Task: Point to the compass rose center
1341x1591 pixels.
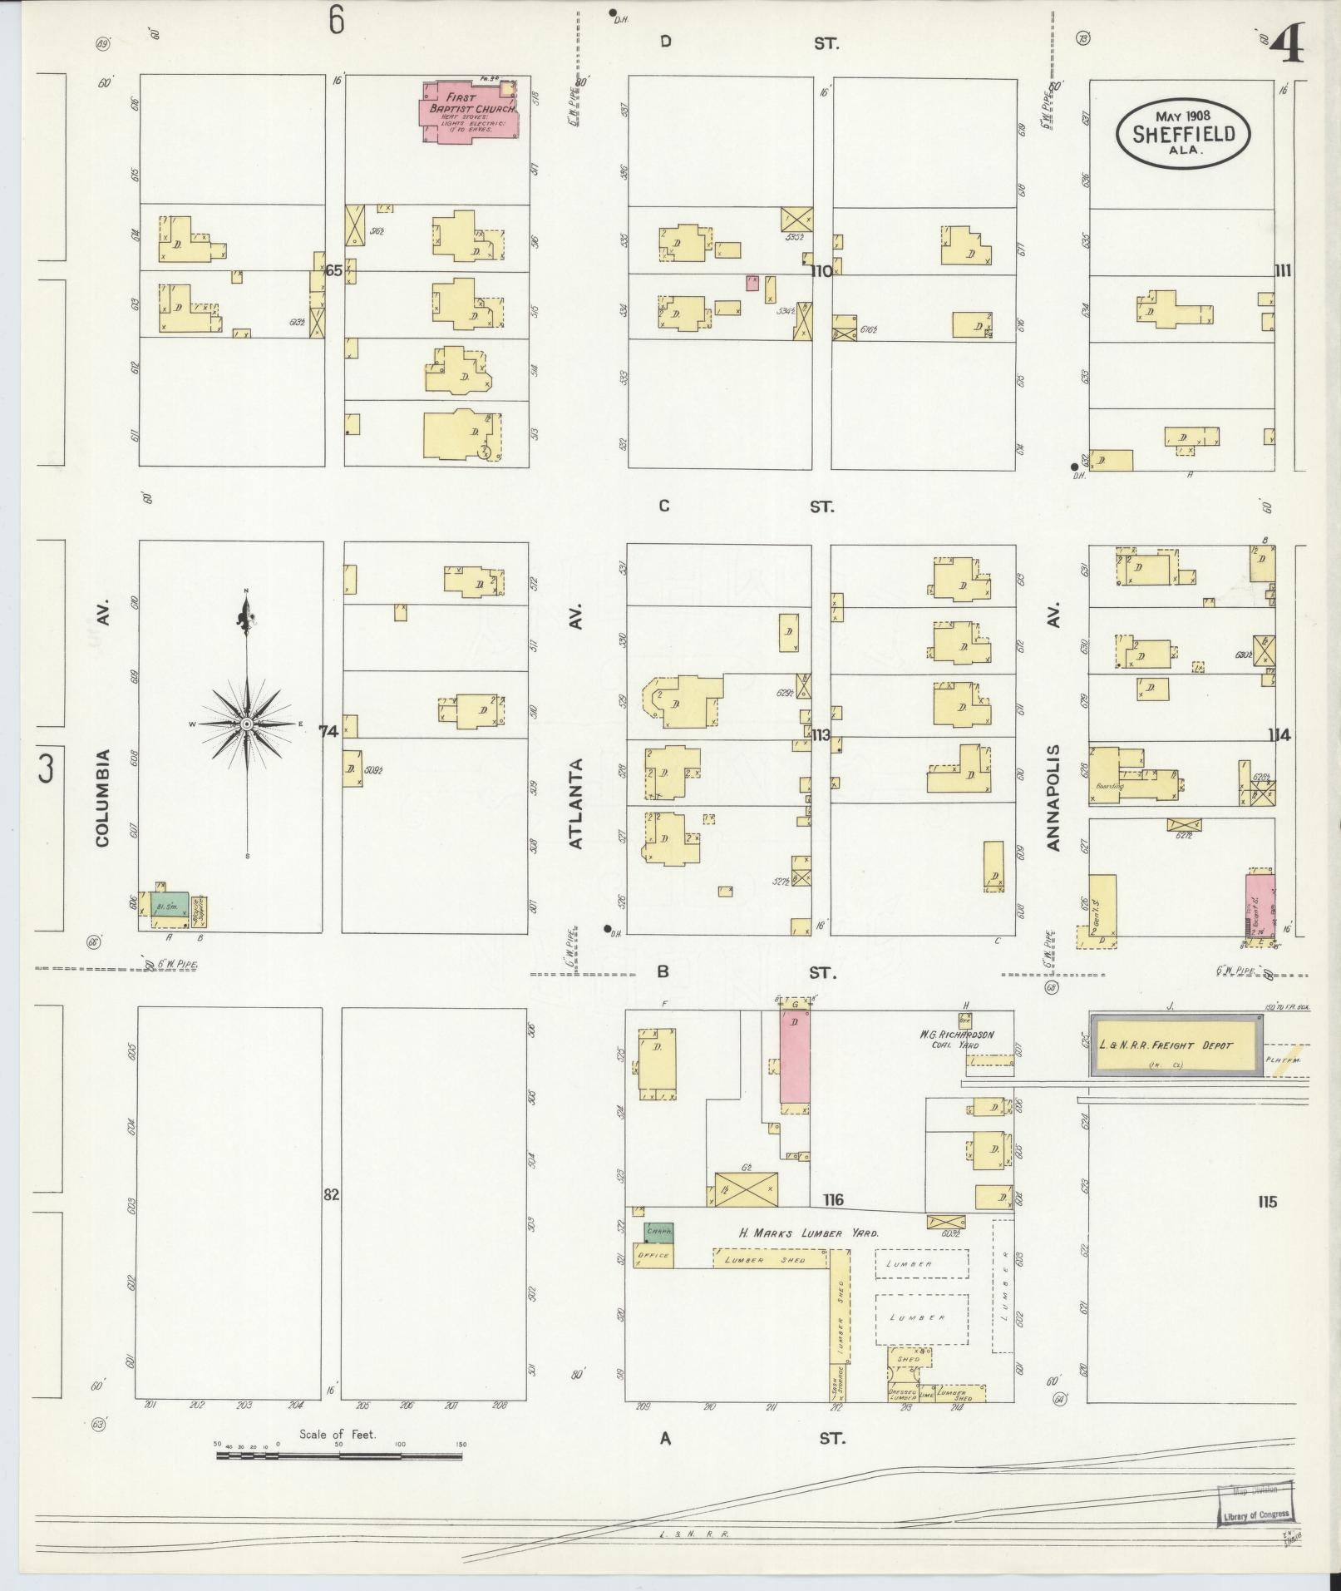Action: (246, 724)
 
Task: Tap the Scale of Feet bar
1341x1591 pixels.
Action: (339, 1456)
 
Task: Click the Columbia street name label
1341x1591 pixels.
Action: (102, 798)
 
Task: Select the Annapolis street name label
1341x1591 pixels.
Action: (1054, 797)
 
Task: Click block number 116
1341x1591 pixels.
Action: (833, 1199)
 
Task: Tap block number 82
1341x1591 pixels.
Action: (332, 1194)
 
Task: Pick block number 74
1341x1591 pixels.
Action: (328, 732)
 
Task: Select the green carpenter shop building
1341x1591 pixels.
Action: (659, 1232)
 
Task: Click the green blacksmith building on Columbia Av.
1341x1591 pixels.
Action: (170, 907)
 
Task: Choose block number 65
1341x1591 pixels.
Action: (333, 270)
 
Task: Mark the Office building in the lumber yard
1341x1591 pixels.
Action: (653, 1255)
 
